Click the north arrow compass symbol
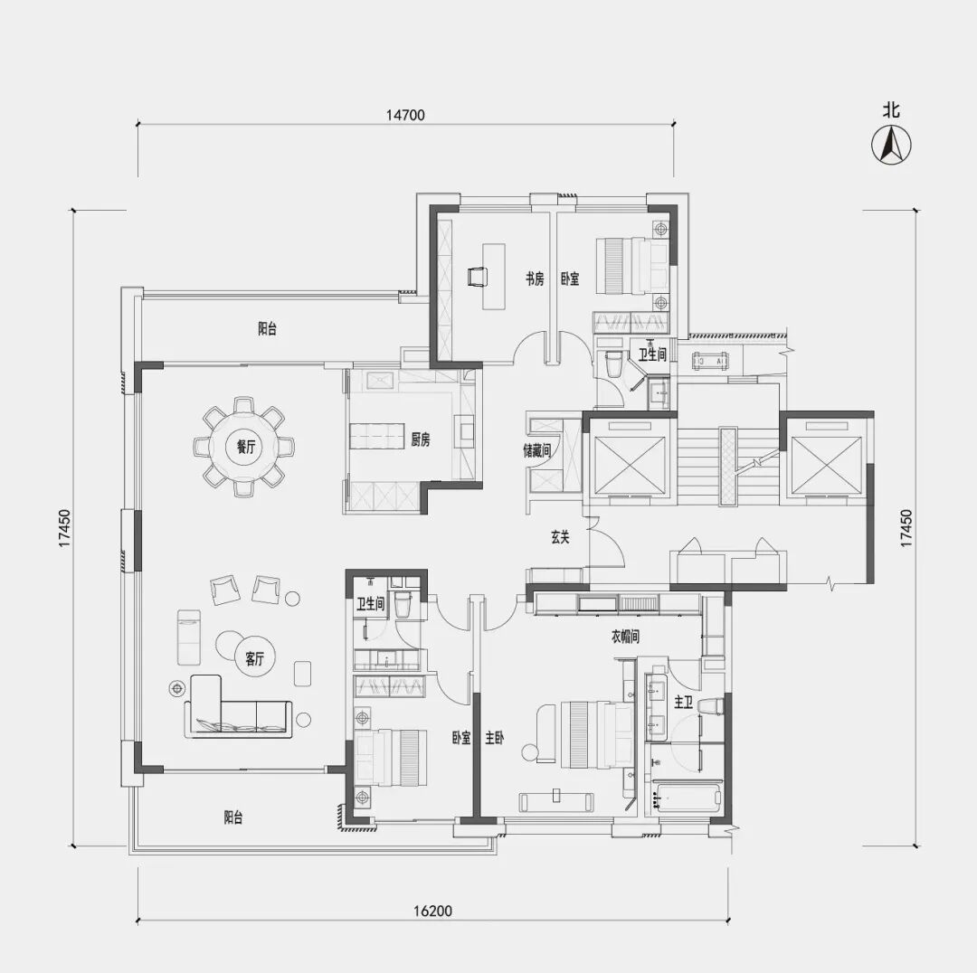click(891, 145)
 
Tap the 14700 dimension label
click(405, 115)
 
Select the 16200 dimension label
click(432, 912)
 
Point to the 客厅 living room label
click(255, 658)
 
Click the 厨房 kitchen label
click(421, 439)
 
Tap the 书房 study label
click(535, 279)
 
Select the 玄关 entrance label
click(560, 537)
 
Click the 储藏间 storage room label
click(536, 449)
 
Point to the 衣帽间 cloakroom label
click(625, 637)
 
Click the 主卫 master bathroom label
click(684, 703)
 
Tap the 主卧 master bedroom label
click(495, 738)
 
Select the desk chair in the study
click(478, 275)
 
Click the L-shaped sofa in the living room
click(237, 706)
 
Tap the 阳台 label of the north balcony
click(267, 328)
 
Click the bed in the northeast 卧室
click(631, 265)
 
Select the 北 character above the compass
click(891, 110)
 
